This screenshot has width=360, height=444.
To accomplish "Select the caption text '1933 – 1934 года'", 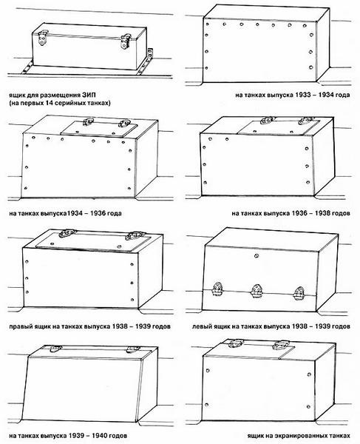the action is point(322,95).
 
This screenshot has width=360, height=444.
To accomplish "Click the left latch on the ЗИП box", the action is point(42,38).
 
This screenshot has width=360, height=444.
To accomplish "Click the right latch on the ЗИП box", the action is point(126,41).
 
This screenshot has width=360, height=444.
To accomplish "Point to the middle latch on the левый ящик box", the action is point(257,291).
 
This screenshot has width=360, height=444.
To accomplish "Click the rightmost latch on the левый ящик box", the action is point(299,293).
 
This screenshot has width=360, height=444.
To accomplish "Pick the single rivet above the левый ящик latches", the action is point(257,255).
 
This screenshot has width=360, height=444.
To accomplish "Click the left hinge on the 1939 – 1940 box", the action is point(55,349).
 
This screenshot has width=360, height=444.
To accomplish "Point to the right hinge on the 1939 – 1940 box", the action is point(133,349).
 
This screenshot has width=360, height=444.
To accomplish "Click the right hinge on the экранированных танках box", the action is point(281,345).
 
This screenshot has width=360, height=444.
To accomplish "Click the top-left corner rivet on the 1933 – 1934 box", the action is point(208,24).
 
